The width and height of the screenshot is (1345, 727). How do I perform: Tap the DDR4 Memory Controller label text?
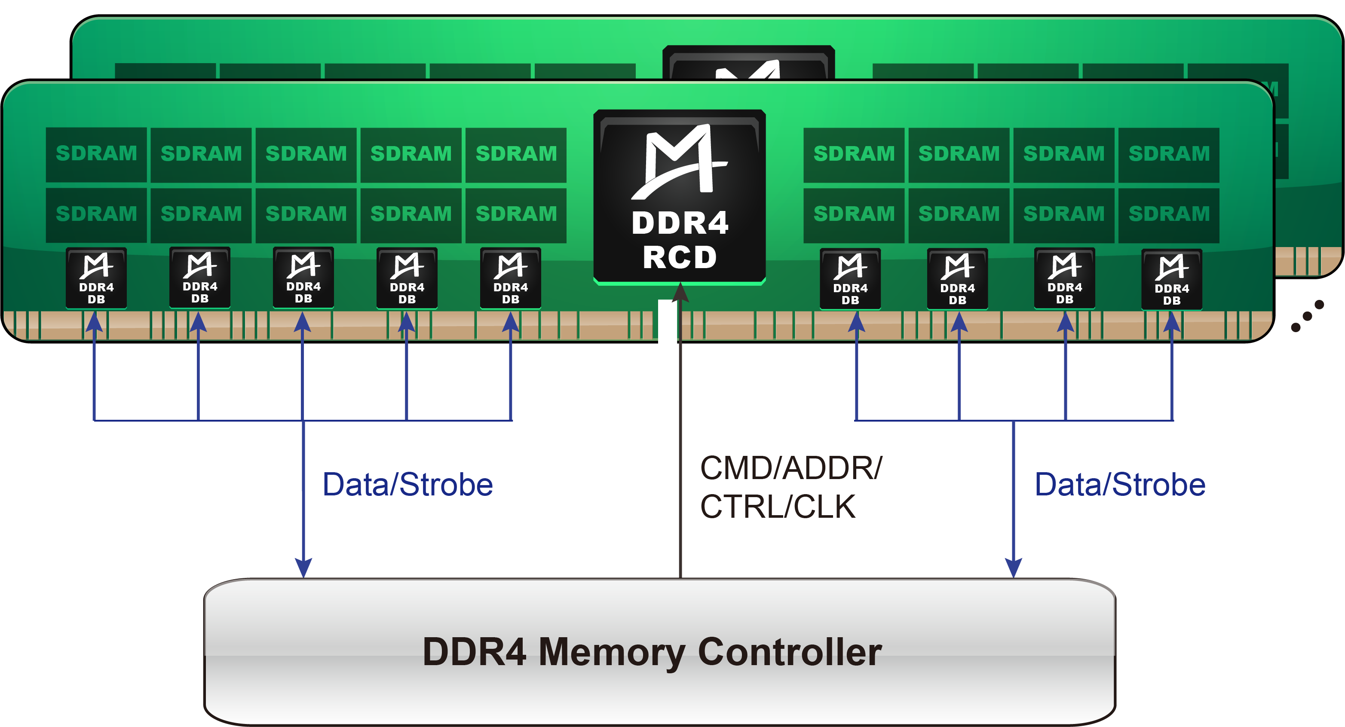[x=652, y=652]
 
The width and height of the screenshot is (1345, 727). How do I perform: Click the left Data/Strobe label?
[x=407, y=485]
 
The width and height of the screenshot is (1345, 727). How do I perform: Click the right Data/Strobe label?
[x=1120, y=485]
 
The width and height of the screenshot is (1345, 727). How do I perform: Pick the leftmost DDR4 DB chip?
[x=96, y=278]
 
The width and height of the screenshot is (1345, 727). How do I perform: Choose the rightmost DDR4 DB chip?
[x=1172, y=279]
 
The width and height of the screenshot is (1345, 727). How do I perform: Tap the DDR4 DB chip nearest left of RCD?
[x=510, y=278]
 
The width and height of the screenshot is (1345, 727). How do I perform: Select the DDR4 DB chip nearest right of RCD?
[x=850, y=279]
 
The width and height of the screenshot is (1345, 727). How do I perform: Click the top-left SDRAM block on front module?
[x=96, y=154]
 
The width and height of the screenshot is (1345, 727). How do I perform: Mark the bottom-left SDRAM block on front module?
[x=96, y=214]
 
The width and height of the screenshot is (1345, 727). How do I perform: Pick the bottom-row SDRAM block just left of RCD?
[x=515, y=214]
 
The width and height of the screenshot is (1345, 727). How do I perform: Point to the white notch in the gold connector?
[x=667, y=321]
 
